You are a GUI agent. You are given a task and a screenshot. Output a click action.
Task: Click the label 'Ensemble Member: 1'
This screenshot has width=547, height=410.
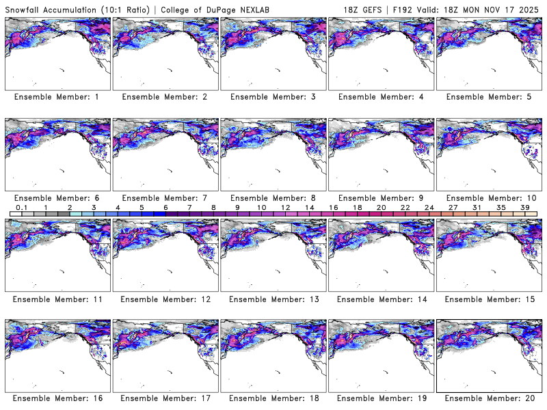point(57,97)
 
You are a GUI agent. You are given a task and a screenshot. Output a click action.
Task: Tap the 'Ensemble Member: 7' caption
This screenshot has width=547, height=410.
point(165,197)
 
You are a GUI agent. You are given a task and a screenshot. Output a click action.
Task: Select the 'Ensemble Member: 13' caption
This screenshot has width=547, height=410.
point(273,299)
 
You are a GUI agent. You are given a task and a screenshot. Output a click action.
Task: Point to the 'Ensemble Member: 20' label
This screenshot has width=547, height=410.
point(489,398)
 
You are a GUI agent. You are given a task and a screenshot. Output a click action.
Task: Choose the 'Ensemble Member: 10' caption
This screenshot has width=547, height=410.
point(489,197)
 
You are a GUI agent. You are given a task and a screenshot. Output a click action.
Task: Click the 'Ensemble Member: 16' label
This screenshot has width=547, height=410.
point(57,398)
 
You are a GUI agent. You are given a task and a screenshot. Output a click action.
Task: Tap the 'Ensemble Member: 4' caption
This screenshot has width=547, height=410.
point(381,97)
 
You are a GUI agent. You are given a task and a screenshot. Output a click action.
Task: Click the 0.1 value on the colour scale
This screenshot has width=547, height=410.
point(21,207)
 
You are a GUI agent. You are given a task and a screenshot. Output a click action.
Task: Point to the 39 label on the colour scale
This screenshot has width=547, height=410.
point(524,207)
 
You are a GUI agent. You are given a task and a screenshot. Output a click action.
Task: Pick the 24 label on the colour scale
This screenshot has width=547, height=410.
point(429,207)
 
